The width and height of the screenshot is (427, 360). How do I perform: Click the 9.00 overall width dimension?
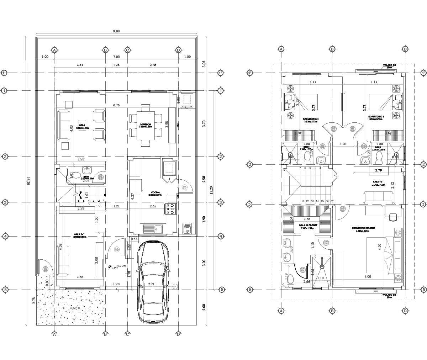pos(116,31)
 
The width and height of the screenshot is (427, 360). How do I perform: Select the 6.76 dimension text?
pos(116,105)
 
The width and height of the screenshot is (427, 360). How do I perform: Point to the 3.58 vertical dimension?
pos(167,124)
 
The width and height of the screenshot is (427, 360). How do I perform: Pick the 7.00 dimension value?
pos(116,57)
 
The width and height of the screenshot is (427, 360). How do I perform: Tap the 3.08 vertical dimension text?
pos(96,260)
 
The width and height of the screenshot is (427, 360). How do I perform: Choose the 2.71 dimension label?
pos(151,284)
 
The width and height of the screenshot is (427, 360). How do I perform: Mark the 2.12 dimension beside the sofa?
pos(392,185)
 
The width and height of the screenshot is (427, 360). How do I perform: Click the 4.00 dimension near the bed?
pos(368,276)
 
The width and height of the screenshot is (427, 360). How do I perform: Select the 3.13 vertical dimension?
pos(297,102)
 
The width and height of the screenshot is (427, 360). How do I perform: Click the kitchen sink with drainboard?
pos(153,229)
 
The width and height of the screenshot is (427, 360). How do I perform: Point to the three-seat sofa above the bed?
pos(379,197)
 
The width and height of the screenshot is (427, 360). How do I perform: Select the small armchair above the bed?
pos(393,217)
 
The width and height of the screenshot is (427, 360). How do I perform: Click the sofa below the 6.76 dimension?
pos(64,126)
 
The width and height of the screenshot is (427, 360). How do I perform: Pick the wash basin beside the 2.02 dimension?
pos(87,170)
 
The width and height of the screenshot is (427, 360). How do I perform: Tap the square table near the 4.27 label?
pos(136,185)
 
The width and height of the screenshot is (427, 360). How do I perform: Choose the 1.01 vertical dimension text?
pos(86,195)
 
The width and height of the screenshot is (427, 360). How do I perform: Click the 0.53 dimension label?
pos(134,239)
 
